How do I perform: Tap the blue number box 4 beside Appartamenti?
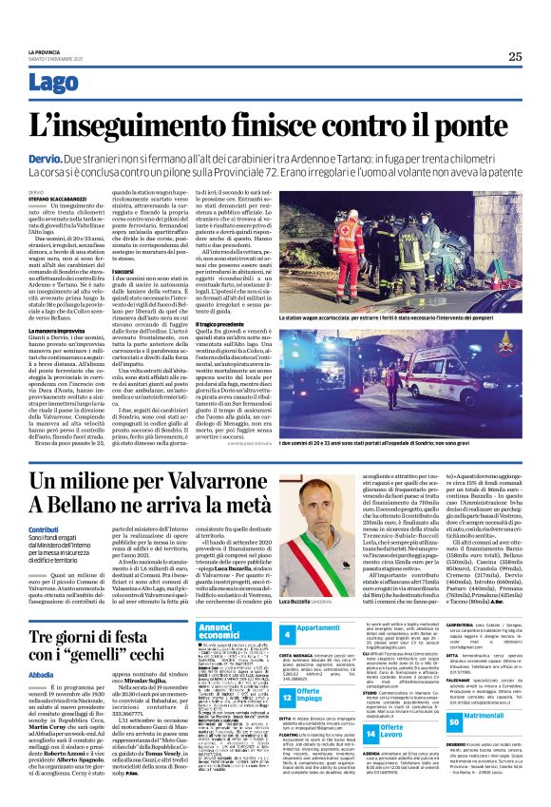(287, 632)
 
